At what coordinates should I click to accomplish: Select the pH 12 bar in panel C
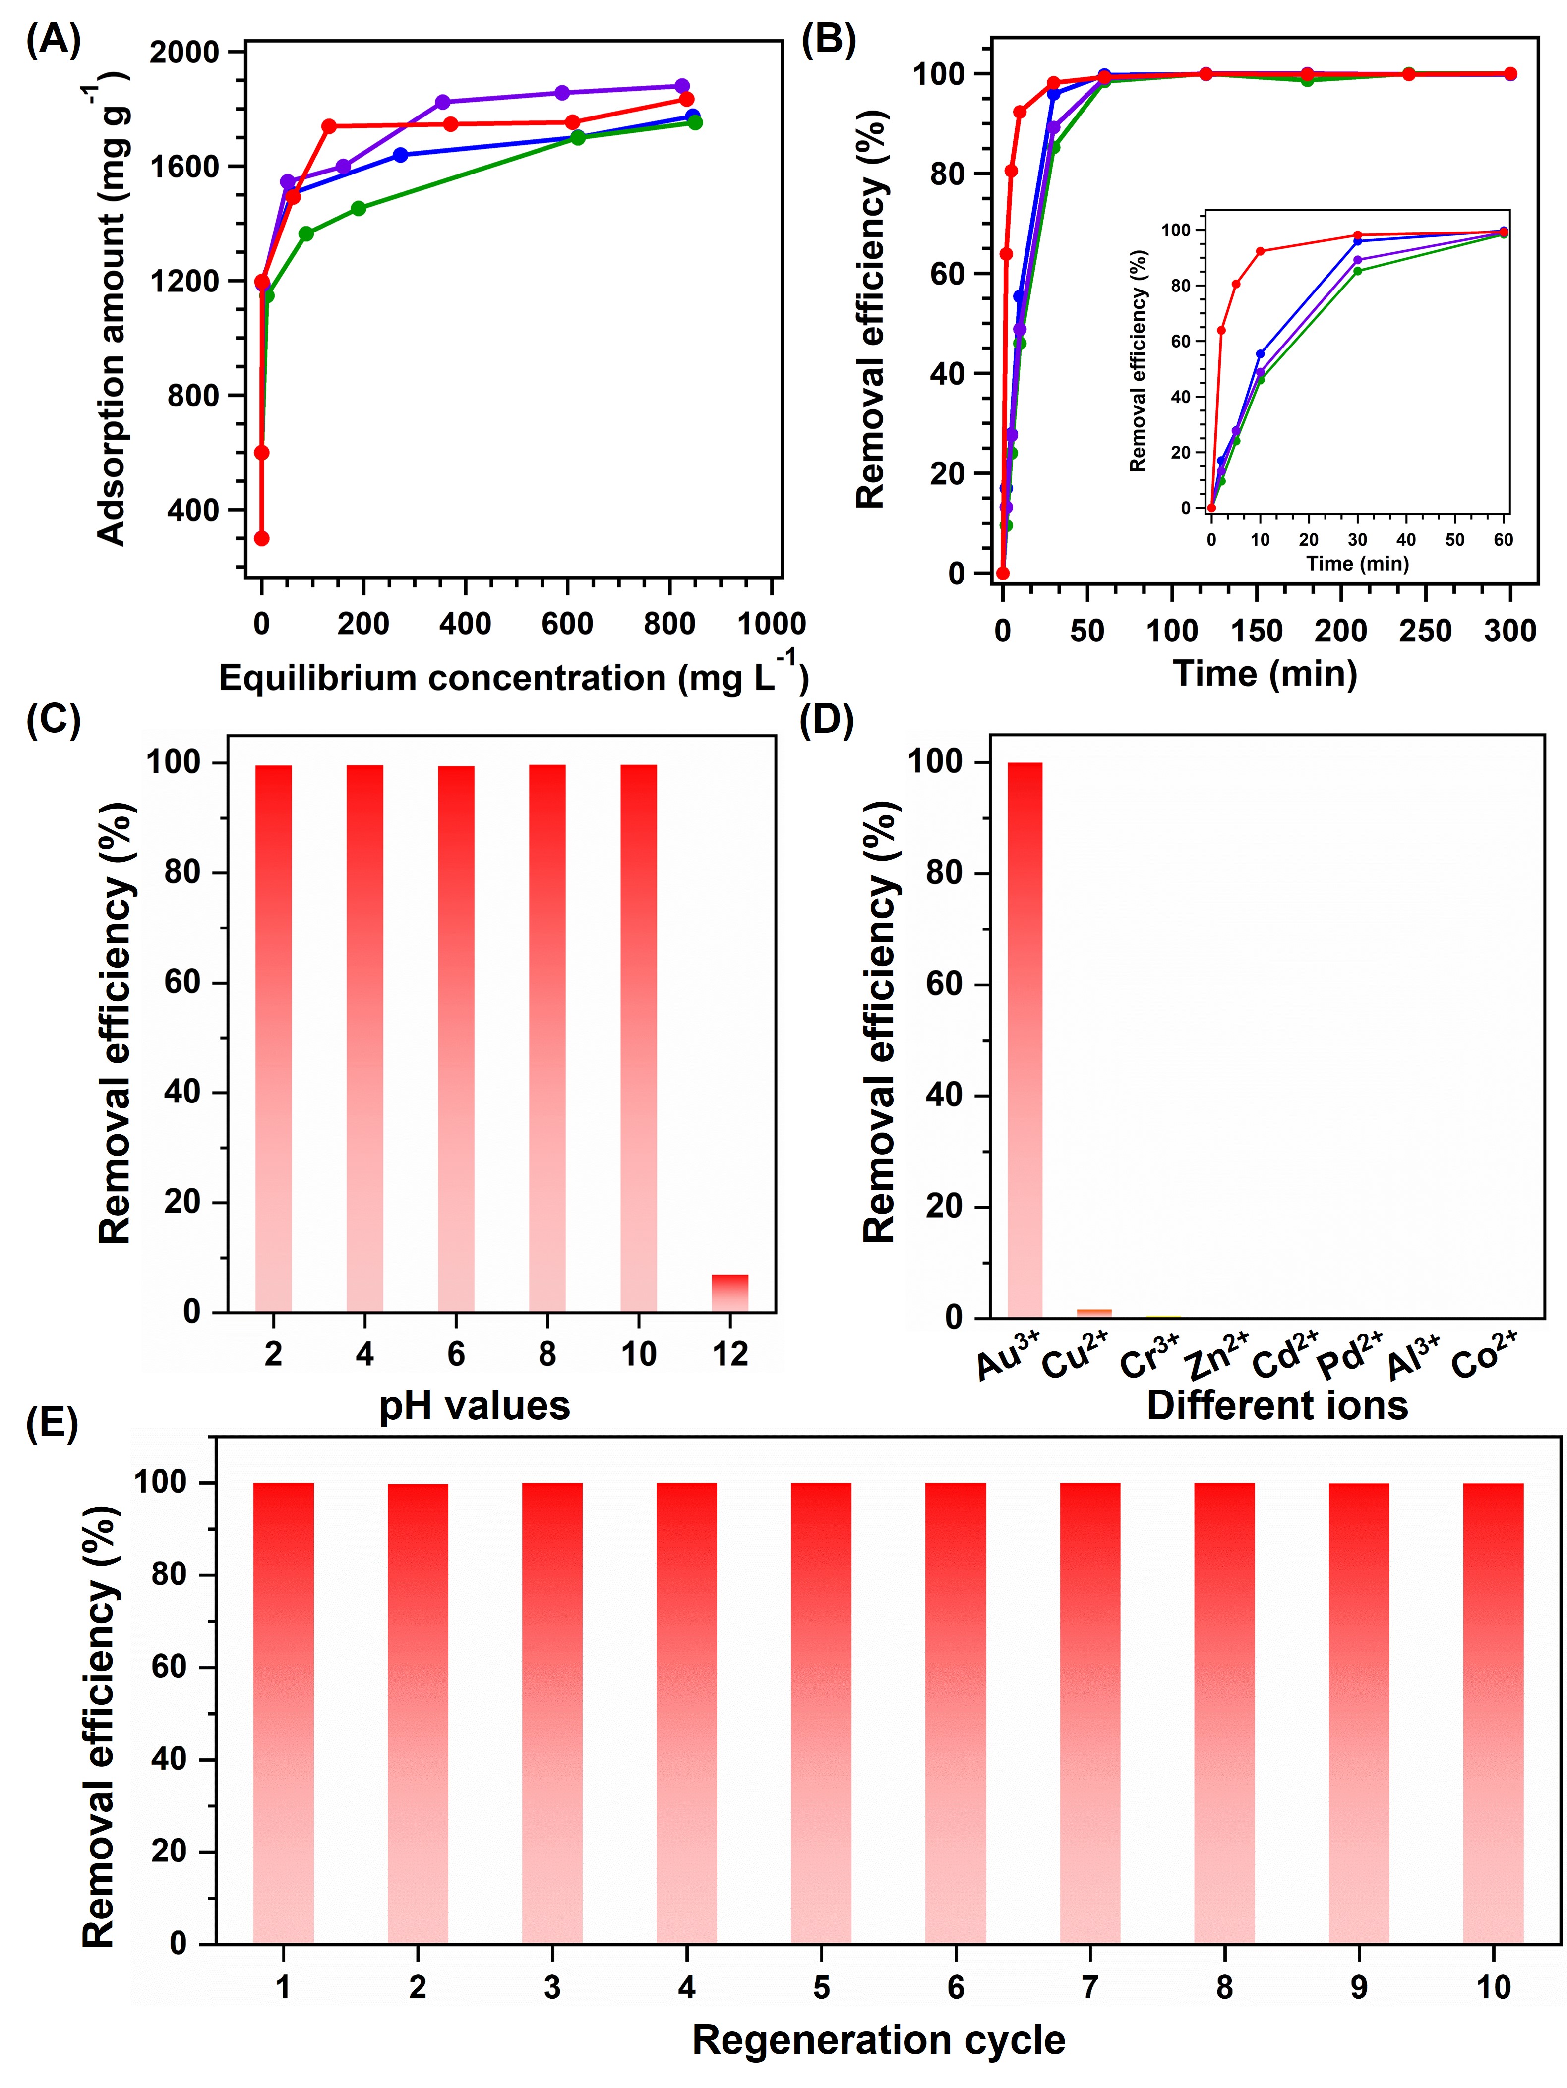tap(729, 1293)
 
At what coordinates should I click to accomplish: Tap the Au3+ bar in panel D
tap(1025, 1039)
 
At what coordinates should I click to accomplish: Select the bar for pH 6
tap(456, 1039)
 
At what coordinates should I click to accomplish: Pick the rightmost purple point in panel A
tap(681, 86)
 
